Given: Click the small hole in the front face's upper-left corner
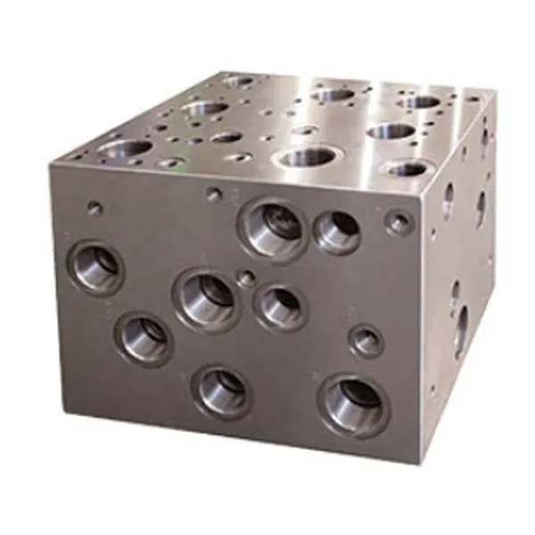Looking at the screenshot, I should coord(95,208).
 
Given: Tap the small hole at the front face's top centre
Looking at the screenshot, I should coord(214,193).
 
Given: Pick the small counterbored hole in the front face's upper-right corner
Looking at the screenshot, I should coord(399,221).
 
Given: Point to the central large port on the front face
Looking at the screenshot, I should coord(208,297).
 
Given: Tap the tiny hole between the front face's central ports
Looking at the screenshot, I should coord(246,279).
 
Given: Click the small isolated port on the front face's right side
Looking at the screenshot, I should coord(366,341).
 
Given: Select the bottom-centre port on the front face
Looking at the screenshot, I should coord(222,389).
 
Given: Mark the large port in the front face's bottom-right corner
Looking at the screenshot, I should coord(354,403).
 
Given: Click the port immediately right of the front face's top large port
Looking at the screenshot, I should coord(336,231).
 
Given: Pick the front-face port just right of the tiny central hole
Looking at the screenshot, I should coord(280,305).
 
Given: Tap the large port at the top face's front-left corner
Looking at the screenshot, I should coord(127,148).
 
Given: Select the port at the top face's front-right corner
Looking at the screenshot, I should coord(407,168).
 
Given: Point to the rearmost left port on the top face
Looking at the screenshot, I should coord(239,82).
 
